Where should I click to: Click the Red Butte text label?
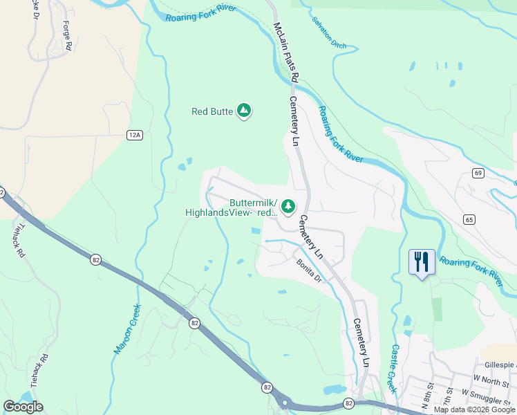point(211,111)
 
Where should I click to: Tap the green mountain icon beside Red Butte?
point(243,110)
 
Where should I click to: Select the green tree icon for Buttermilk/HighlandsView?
point(288,205)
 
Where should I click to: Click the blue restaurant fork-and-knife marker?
point(422,262)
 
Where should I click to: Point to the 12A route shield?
point(134,135)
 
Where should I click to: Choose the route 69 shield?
point(478,172)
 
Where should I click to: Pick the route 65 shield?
point(469,219)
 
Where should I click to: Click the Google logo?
point(23,407)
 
